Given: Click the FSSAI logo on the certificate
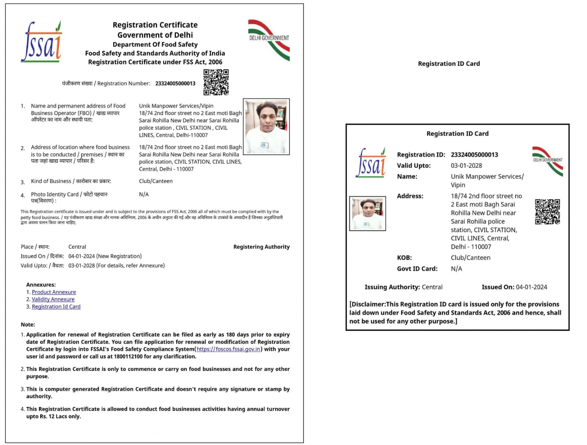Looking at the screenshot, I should tap(41, 42).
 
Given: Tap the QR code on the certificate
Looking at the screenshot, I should tap(216, 82).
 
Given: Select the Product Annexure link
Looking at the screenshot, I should tap(54, 292).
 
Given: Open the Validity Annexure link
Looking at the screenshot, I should tap(53, 299).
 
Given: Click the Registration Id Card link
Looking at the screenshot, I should tap(56, 307).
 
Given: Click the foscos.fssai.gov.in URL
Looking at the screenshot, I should tap(228, 349).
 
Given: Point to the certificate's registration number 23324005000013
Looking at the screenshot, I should tap(175, 83).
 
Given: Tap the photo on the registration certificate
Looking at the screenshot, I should tap(266, 127).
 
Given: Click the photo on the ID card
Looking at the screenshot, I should tap(368, 214).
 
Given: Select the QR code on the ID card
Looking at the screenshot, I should tap(547, 212).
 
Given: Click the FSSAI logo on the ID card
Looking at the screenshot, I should tap(371, 163).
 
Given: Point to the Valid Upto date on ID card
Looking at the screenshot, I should tap(466, 165).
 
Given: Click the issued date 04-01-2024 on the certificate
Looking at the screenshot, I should tap(82, 256).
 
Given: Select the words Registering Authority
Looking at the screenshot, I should tap(261, 247).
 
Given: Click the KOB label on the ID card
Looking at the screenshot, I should tap(404, 258).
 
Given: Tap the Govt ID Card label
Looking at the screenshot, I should tap(417, 269).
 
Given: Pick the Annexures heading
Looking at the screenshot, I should tap(41, 285).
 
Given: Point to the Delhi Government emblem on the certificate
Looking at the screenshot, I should tap(269, 40).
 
